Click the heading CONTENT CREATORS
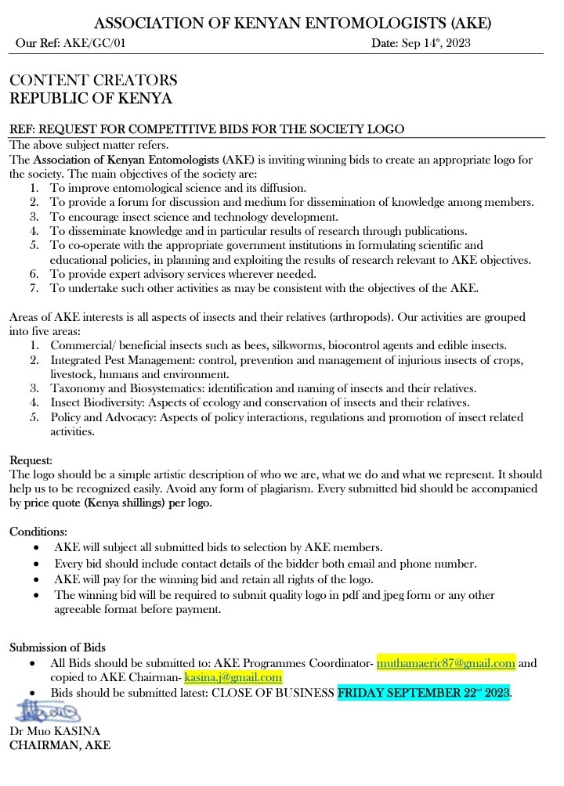click(x=93, y=81)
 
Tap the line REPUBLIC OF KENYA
click(x=90, y=99)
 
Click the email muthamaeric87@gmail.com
click(x=446, y=663)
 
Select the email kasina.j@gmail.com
click(x=233, y=677)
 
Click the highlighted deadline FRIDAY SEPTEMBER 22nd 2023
click(x=424, y=693)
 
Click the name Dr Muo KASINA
click(x=54, y=731)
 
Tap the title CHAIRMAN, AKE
click(x=60, y=745)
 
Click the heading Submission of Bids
click(x=57, y=647)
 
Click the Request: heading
click(x=31, y=460)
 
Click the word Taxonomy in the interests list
click(x=76, y=388)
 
